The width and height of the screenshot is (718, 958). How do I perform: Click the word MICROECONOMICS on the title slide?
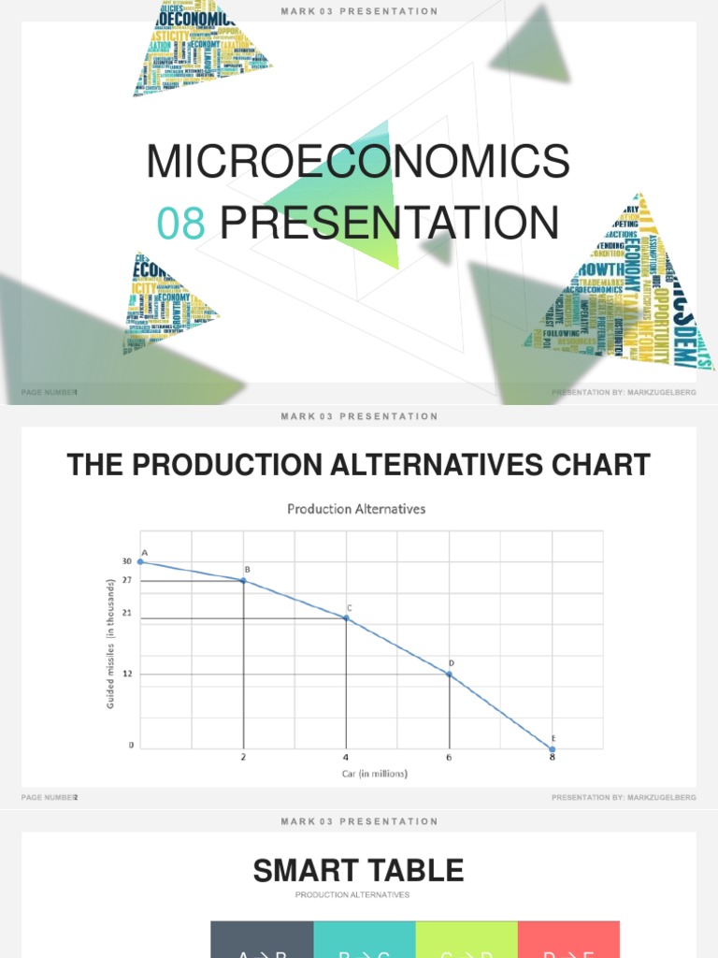point(358,161)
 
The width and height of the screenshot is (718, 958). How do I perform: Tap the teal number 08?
point(180,223)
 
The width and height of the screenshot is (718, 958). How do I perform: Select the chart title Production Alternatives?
point(356,509)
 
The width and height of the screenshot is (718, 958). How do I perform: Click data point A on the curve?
point(140,561)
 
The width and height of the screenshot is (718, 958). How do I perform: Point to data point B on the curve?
point(244,581)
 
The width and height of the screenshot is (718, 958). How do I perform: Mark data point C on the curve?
point(346,617)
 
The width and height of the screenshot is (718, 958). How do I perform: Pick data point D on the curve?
point(449,674)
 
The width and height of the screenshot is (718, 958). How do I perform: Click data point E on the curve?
point(552,748)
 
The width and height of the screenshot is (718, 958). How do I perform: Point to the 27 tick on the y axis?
point(126,581)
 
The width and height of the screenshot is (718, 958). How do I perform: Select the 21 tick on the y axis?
point(126,614)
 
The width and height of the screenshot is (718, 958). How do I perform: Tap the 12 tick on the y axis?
point(126,674)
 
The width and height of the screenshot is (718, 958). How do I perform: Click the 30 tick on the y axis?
point(126,561)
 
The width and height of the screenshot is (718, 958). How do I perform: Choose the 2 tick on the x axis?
point(244,757)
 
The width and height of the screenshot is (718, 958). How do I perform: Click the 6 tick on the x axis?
point(449,757)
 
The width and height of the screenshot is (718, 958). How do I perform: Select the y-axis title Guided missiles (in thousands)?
point(110,642)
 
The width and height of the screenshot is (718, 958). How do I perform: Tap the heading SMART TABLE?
point(358,871)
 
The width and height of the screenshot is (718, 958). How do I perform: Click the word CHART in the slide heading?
point(596,465)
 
